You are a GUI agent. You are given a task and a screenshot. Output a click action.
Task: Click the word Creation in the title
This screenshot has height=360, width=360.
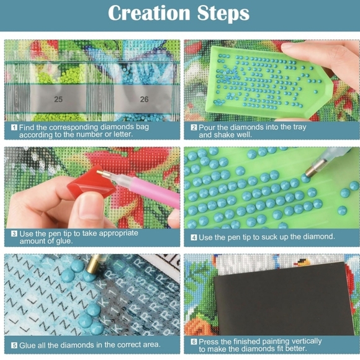[x=149, y=13]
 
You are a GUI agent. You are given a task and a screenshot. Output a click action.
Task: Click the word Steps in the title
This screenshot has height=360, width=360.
[x=223, y=13]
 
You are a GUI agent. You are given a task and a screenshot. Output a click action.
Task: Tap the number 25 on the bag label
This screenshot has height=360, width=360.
[x=58, y=99]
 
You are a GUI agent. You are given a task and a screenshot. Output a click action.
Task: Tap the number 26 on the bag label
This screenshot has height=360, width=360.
[x=144, y=99]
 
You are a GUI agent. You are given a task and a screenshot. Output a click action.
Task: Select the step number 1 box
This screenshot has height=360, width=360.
[x=14, y=127]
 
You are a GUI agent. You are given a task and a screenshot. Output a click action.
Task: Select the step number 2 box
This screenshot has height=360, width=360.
[x=194, y=127]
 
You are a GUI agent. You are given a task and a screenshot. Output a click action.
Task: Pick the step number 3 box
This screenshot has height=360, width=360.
[x=14, y=234]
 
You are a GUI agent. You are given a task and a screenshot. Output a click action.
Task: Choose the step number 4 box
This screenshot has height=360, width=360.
[x=194, y=237]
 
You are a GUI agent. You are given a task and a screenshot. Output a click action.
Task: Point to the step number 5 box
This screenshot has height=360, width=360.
[x=14, y=345]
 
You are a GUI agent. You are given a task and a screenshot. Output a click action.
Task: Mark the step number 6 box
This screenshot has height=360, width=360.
[x=194, y=342]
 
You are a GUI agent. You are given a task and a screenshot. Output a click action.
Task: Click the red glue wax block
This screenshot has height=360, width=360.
[x=92, y=182]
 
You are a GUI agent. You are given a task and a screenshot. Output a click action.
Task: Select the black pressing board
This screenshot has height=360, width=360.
[x=284, y=299]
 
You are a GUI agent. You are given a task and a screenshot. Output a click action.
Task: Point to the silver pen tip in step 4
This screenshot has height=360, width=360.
[x=313, y=169]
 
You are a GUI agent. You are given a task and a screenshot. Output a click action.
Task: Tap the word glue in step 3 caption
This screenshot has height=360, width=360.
[x=65, y=241]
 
